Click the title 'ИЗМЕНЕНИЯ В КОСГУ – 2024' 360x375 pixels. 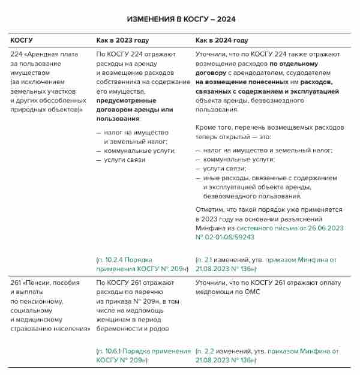tap(180, 19)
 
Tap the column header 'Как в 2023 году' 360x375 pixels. tap(122, 40)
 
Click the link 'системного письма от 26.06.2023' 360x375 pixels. tap(287, 228)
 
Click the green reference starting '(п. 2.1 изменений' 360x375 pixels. tap(267, 264)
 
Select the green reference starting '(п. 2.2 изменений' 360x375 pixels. tap(267, 355)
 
